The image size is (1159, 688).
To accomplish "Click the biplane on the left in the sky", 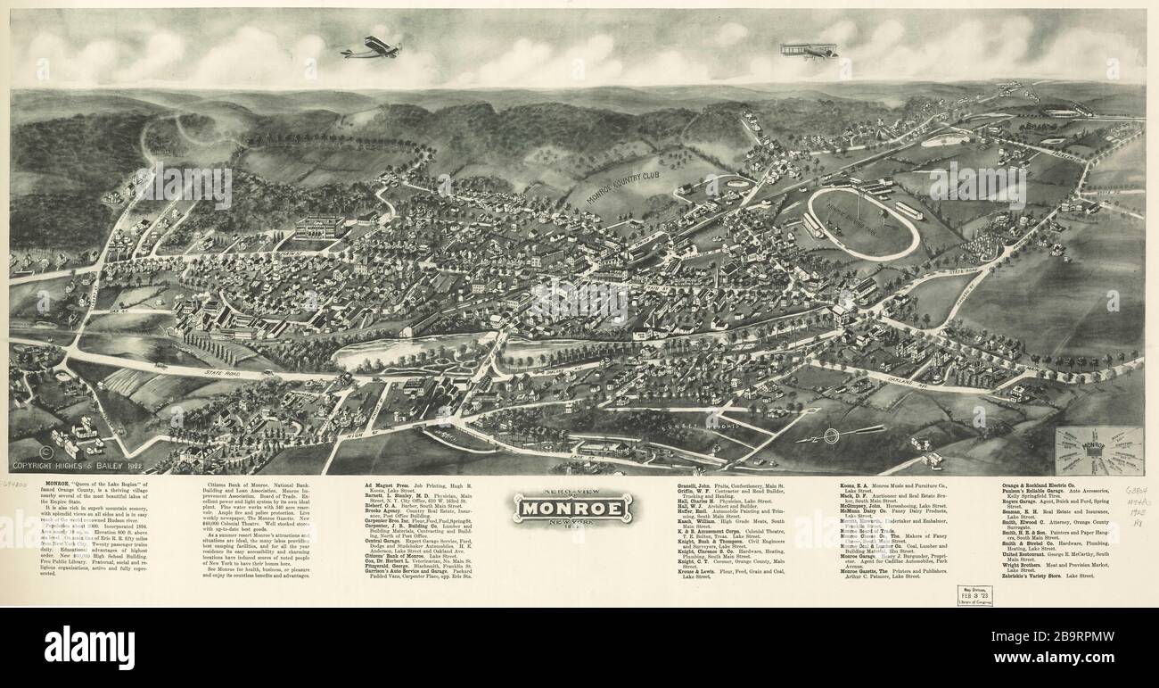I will [370, 47].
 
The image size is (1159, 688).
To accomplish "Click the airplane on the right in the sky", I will [810, 50].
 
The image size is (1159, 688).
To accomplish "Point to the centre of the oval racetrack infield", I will [862, 223].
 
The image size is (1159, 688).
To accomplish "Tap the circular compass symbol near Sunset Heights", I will [832, 435].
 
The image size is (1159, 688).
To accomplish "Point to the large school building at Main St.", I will [319, 228].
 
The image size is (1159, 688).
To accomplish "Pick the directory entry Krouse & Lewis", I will [702, 570].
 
